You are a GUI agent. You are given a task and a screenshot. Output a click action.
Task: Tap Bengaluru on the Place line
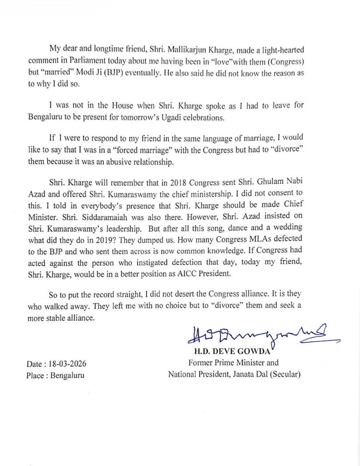click(x=67, y=375)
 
